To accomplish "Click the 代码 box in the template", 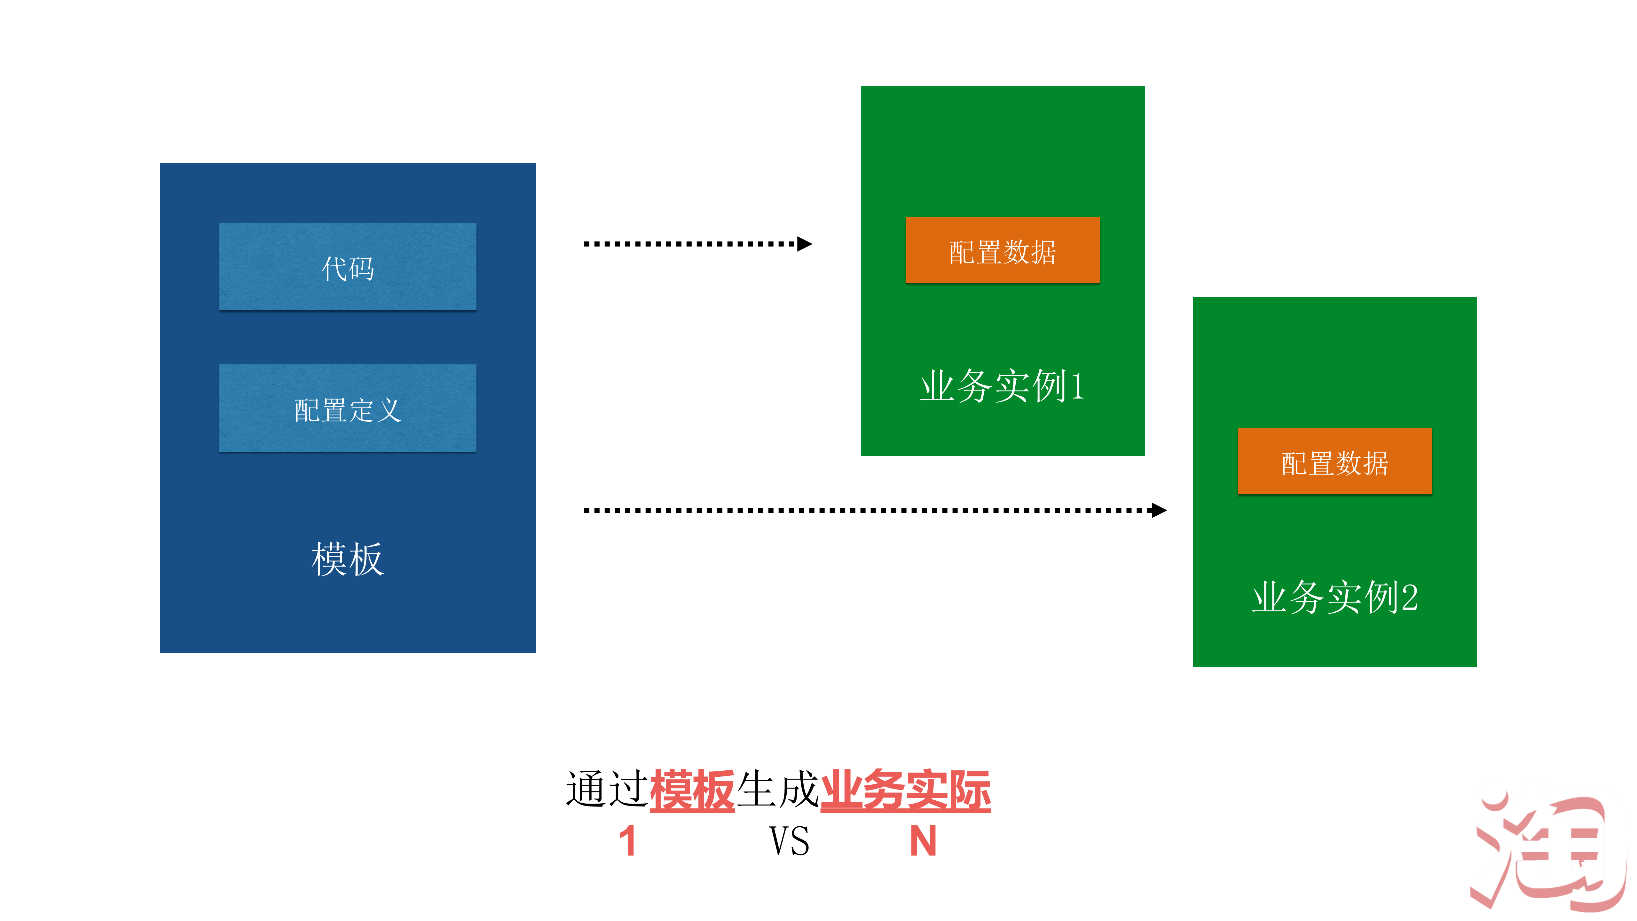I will click(x=348, y=266).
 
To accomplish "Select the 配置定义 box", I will click(x=348, y=408).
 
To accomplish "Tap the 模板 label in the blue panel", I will click(x=348, y=559).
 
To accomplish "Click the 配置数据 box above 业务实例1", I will click(x=1002, y=250).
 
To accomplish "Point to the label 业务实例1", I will click(x=1002, y=386).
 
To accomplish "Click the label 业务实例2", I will click(x=1334, y=598).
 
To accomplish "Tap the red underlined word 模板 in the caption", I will click(x=692, y=790).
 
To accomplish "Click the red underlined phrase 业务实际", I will click(x=906, y=790).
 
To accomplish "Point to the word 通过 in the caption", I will click(x=607, y=790).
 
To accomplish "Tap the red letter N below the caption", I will click(x=923, y=841).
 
